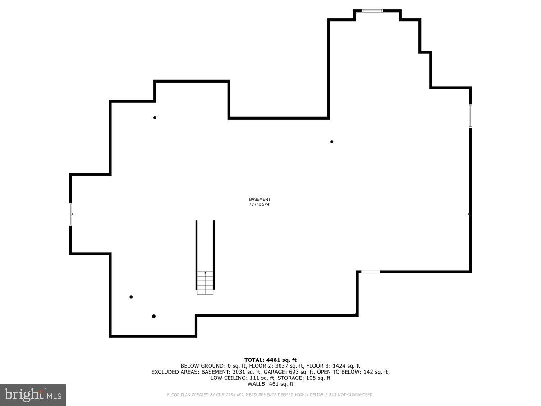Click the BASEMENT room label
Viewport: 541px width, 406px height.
260,199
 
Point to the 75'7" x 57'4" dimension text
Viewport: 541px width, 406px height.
260,204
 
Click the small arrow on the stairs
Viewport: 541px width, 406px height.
205,273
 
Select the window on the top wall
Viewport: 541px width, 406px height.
373,11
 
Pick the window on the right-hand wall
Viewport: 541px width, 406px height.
470,116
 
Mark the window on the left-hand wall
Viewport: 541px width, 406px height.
70,214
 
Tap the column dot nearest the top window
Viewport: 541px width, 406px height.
332,142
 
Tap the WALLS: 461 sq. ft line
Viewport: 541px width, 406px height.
270,384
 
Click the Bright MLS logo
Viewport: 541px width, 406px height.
33,395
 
